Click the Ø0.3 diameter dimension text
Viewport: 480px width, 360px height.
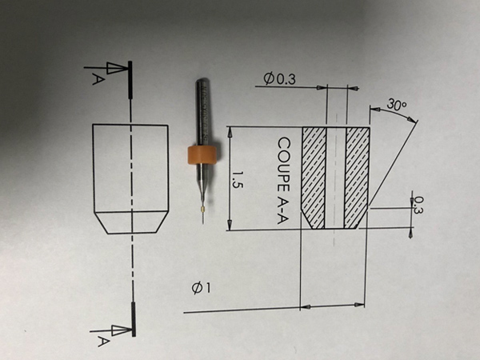(x=279, y=78)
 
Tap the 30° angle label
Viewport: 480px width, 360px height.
(x=396, y=105)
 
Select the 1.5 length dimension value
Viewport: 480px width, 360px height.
(x=237, y=178)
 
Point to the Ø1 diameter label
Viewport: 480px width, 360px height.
(x=201, y=289)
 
